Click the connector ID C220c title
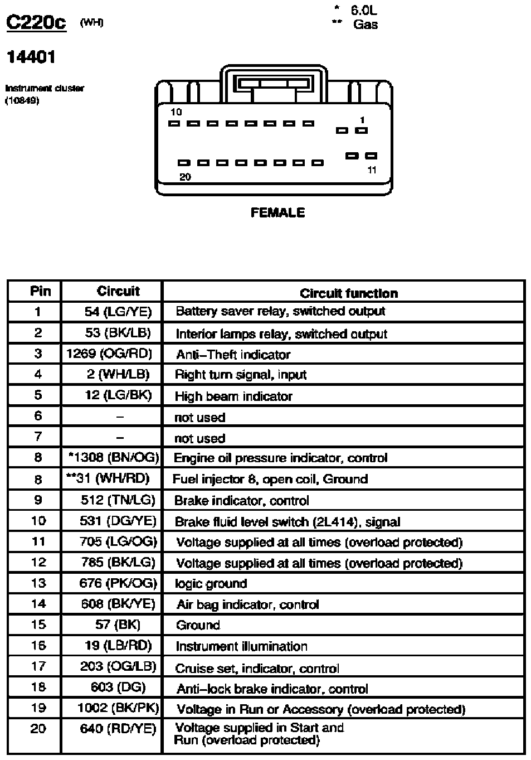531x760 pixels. tap(36, 22)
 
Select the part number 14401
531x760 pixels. tap(31, 57)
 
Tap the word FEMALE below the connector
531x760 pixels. tap(277, 212)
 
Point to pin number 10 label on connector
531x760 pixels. tap(176, 112)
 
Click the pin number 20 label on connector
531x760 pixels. tap(185, 177)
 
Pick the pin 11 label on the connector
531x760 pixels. tap(372, 170)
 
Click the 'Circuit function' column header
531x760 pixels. tap(349, 293)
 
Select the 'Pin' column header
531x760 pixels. tap(40, 291)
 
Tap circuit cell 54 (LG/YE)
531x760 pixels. tap(118, 311)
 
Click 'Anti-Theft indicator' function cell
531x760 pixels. tap(233, 355)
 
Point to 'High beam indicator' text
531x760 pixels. tap(233, 396)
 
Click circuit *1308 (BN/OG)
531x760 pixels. tap(114, 458)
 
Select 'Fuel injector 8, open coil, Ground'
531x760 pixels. tap(270, 479)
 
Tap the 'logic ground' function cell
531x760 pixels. tap(211, 584)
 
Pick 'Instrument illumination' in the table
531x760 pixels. tap(241, 646)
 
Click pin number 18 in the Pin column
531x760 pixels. tap(38, 688)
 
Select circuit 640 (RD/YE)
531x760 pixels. tap(118, 729)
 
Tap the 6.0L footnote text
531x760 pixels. tap(363, 10)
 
